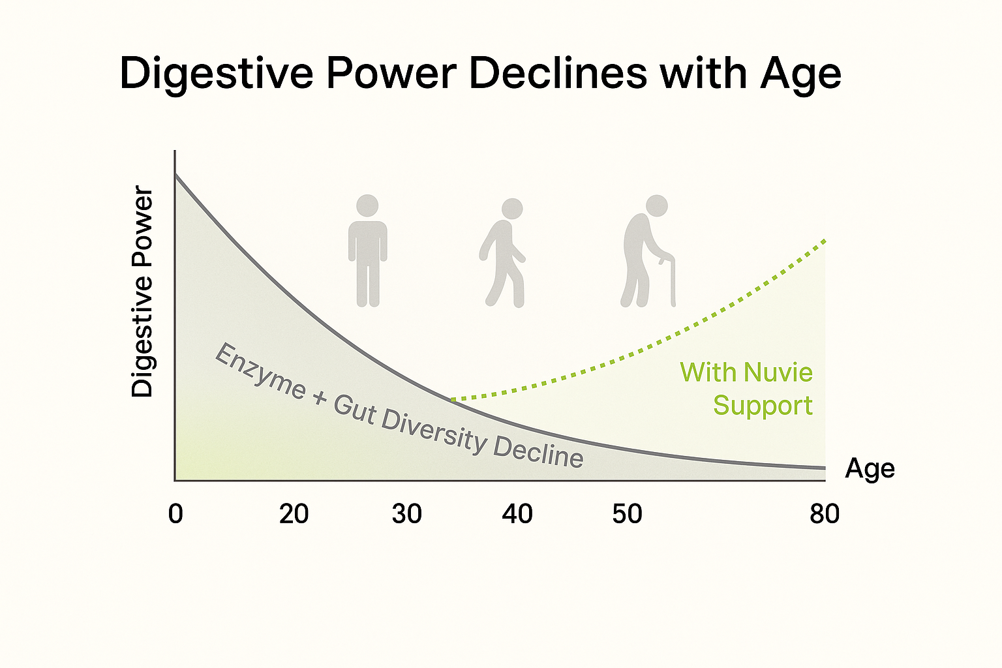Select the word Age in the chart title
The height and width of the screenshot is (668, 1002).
click(800, 74)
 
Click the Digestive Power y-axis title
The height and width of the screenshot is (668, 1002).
click(142, 292)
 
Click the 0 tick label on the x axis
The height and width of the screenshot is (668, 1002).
click(175, 514)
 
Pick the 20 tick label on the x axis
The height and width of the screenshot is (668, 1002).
click(294, 514)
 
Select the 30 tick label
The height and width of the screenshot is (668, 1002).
click(406, 514)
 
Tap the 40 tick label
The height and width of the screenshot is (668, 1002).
click(517, 514)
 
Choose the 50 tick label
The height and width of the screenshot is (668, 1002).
click(627, 514)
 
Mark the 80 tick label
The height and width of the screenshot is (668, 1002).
click(824, 514)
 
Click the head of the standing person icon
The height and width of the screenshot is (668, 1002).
click(368, 205)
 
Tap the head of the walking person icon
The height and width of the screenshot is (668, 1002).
click(513, 209)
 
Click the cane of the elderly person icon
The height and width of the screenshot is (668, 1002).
click(670, 281)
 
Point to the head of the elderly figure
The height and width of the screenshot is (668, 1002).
click(657, 205)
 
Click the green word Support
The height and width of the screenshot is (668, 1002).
click(763, 406)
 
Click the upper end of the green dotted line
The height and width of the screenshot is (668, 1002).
click(825, 241)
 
